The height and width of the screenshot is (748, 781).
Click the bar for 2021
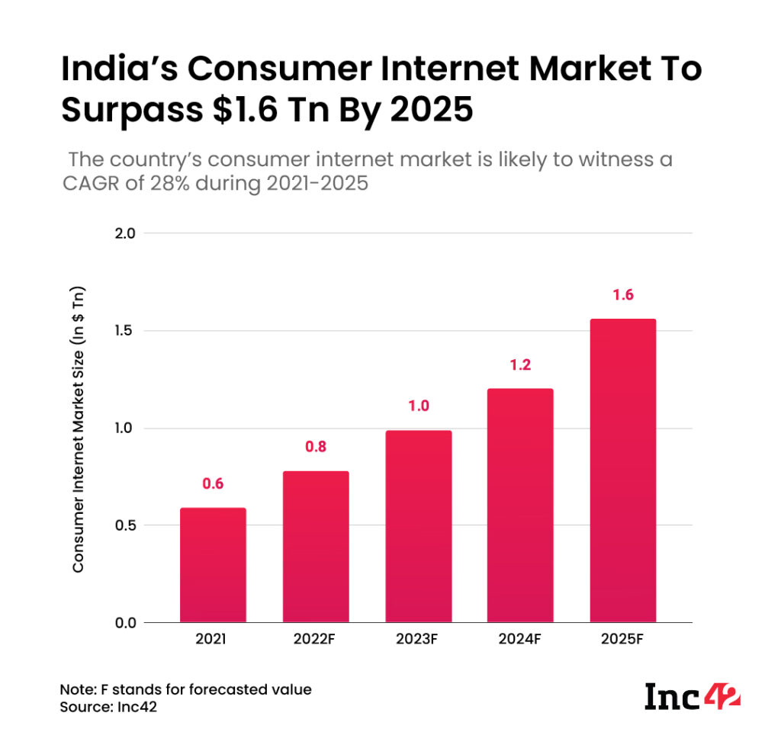[x=213, y=565]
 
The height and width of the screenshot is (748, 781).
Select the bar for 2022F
[x=316, y=547]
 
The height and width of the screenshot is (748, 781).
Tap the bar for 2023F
[x=418, y=526]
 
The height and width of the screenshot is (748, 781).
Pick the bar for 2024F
[x=520, y=506]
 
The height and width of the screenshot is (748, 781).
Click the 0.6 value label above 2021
[x=213, y=483]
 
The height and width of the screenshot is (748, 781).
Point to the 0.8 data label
[x=316, y=448]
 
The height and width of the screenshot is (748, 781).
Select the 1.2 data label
[x=520, y=364]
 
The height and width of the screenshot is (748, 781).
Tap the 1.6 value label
[x=622, y=295]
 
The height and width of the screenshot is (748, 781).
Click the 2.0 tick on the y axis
[x=124, y=233]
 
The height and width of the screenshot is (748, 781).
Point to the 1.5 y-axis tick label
[x=124, y=331]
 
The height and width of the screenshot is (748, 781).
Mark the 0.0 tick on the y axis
[x=124, y=623]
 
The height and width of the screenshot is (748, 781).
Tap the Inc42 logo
[x=693, y=696]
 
